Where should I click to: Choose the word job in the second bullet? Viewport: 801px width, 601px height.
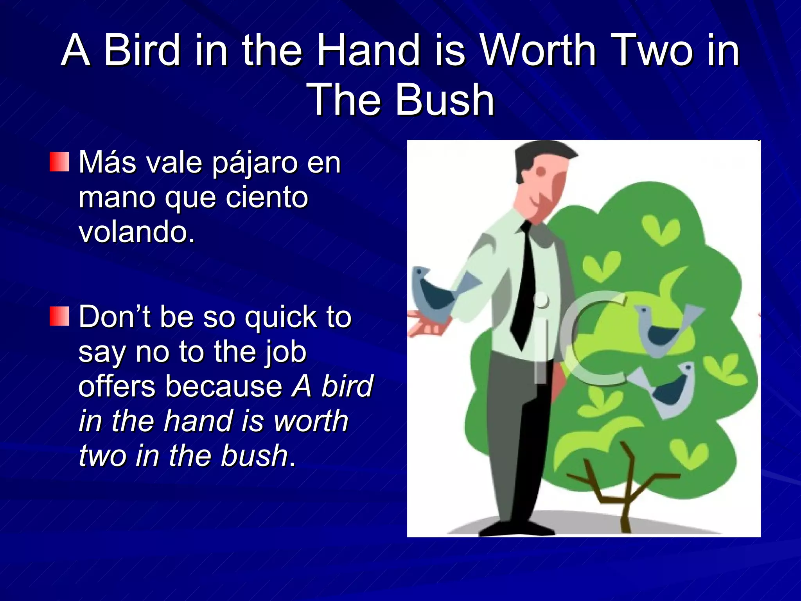286,352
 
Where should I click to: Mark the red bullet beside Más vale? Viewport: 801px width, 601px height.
59,162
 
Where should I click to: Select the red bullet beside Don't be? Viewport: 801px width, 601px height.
59,316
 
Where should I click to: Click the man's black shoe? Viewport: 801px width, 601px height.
516,528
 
